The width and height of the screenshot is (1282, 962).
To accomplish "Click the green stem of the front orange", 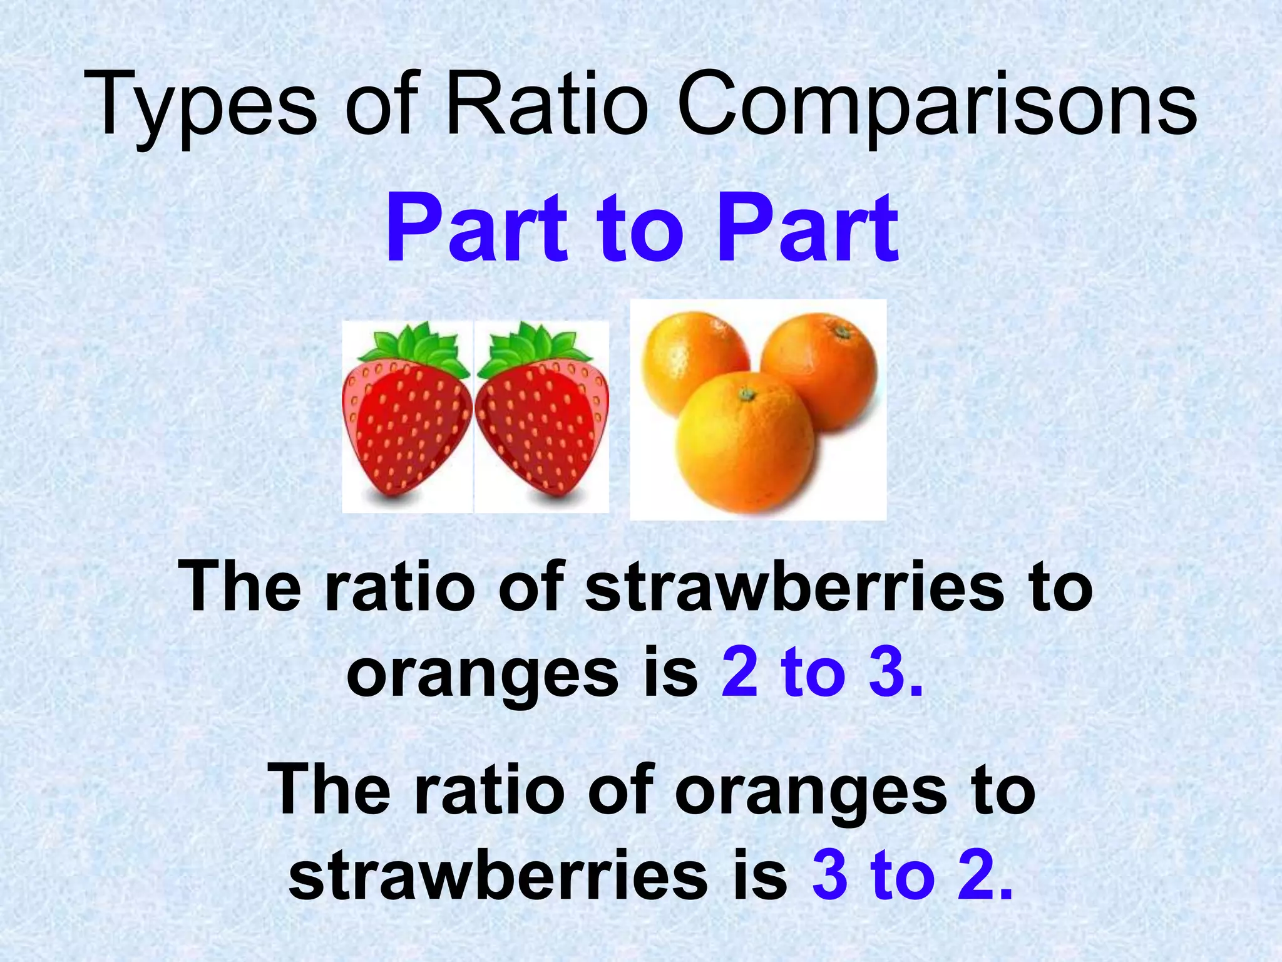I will (x=746, y=394).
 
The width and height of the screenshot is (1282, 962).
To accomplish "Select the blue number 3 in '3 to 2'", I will (x=830, y=876).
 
